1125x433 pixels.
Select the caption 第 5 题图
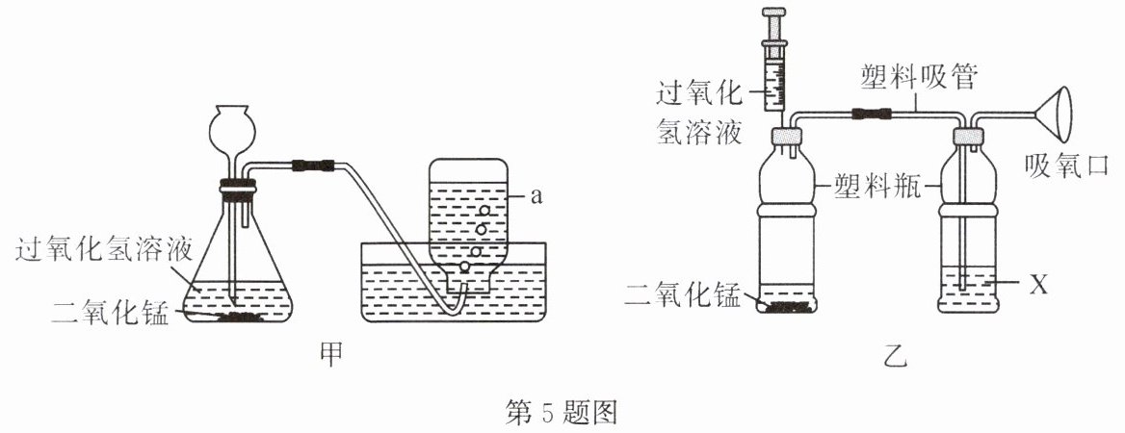[x=562, y=414]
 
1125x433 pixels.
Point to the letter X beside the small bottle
[x=1039, y=286]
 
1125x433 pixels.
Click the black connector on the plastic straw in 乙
[x=871, y=113]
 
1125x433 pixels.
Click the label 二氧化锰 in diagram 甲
[x=110, y=314]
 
